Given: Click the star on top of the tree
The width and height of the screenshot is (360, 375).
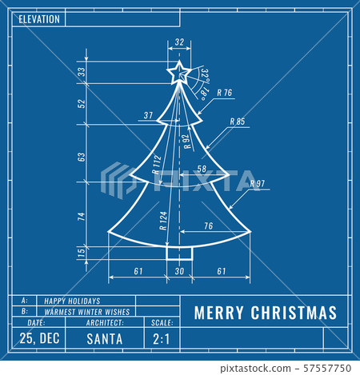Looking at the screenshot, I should point(178,74).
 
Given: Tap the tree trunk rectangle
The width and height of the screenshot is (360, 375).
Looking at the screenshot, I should point(179,253).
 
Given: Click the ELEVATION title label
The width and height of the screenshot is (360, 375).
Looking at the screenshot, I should point(34,18).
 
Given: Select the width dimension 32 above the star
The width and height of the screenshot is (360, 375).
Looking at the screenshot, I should point(178,42).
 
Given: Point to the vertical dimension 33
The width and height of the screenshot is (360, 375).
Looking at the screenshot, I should point(81,73).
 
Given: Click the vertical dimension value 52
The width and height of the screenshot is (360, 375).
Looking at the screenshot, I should point(81,103).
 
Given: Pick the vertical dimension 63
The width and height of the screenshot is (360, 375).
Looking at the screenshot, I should point(81,157).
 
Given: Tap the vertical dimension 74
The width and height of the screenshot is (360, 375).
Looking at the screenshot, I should point(81,216).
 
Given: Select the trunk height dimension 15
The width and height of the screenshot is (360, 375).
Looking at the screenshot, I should point(81,253).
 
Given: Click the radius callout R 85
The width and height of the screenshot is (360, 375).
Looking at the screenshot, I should point(237,122).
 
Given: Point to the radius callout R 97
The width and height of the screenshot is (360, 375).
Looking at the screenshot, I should point(257,183).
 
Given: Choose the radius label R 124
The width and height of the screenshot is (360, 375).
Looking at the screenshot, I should point(163,221).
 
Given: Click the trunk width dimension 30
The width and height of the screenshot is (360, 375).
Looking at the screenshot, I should point(179,272).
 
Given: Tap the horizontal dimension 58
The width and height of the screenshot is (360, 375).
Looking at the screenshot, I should point(201,170).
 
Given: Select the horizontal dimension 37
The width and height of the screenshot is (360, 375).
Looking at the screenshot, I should point(148,116).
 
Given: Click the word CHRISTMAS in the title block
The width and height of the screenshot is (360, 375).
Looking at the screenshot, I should point(298,313).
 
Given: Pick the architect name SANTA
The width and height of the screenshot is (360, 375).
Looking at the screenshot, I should point(104,338).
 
